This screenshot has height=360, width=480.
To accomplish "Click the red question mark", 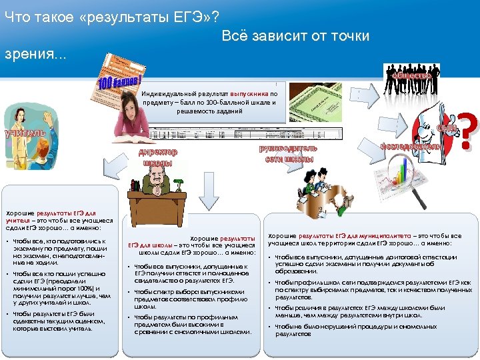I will pos(469,130).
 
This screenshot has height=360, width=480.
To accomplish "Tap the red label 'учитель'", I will pos(25,133).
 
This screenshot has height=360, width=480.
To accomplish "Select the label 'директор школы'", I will pos(157,157).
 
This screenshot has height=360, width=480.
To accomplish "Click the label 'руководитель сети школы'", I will pos(289,153).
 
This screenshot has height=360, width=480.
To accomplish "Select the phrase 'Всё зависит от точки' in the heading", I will pos(295,35).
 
